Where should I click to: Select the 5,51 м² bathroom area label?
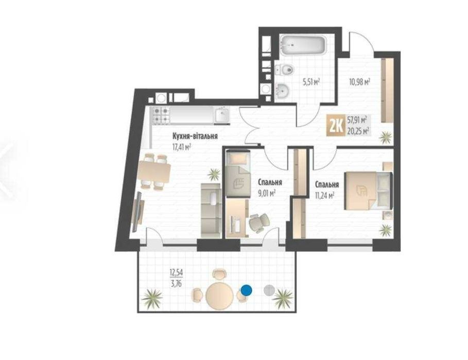pyautogui.click(x=311, y=81)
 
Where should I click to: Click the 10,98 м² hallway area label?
pyautogui.click(x=360, y=81)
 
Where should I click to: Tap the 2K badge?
pyautogui.click(x=336, y=126)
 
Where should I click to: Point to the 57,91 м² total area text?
pyautogui.click(x=357, y=121)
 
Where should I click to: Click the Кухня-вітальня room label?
pyautogui.click(x=195, y=136)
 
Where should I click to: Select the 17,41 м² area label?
pyautogui.click(x=182, y=147)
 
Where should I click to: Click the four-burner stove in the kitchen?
pyautogui.click(x=161, y=115)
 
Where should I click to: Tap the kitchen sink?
pyautogui.click(x=222, y=115)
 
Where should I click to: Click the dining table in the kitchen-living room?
pyautogui.click(x=154, y=172)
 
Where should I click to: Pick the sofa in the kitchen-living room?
pyautogui.click(x=211, y=211)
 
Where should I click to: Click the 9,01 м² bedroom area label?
pyautogui.click(x=266, y=194)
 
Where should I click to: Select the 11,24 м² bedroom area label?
pyautogui.click(x=324, y=196)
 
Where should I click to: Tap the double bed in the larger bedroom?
pyautogui.click(x=369, y=191)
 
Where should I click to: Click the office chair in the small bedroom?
pyautogui.click(x=259, y=222)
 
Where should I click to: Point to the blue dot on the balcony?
pyautogui.click(x=246, y=290)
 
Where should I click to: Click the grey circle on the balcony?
pyautogui.click(x=269, y=290)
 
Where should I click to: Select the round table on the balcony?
pyautogui.click(x=220, y=295)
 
